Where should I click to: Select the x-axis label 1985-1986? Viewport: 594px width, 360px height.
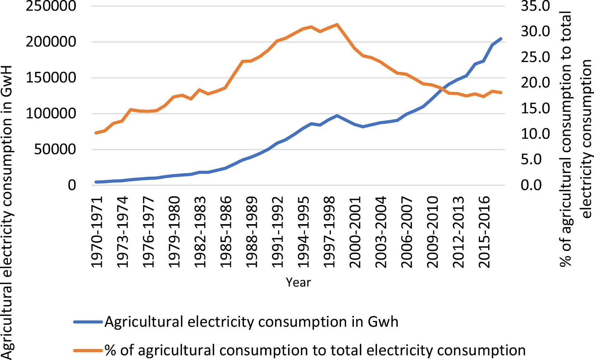click(x=225, y=232)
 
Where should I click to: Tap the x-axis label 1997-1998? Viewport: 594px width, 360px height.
click(x=329, y=232)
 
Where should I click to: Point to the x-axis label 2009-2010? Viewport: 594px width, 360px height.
click(x=432, y=232)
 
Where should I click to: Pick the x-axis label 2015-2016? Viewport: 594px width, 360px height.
click(x=484, y=232)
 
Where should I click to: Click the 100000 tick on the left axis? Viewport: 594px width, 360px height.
click(x=51, y=114)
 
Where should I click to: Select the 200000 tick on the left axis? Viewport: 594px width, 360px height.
click(x=51, y=42)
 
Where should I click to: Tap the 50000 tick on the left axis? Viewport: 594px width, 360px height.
click(x=55, y=150)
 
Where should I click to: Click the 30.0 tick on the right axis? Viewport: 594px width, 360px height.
click(x=535, y=32)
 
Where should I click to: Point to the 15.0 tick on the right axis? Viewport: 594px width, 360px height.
click(x=535, y=108)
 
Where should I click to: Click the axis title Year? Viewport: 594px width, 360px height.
click(x=298, y=282)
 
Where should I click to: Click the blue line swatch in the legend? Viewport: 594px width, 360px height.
click(x=88, y=322)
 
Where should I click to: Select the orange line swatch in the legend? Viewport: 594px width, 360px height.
click(x=88, y=350)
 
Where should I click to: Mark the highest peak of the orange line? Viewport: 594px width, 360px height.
click(x=337, y=24)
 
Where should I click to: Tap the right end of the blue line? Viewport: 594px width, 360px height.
click(x=501, y=39)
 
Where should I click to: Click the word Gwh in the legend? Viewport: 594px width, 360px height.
click(x=383, y=322)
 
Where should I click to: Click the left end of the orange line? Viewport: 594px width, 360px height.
click(x=96, y=133)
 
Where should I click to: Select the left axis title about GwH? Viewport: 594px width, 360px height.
click(x=7, y=212)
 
